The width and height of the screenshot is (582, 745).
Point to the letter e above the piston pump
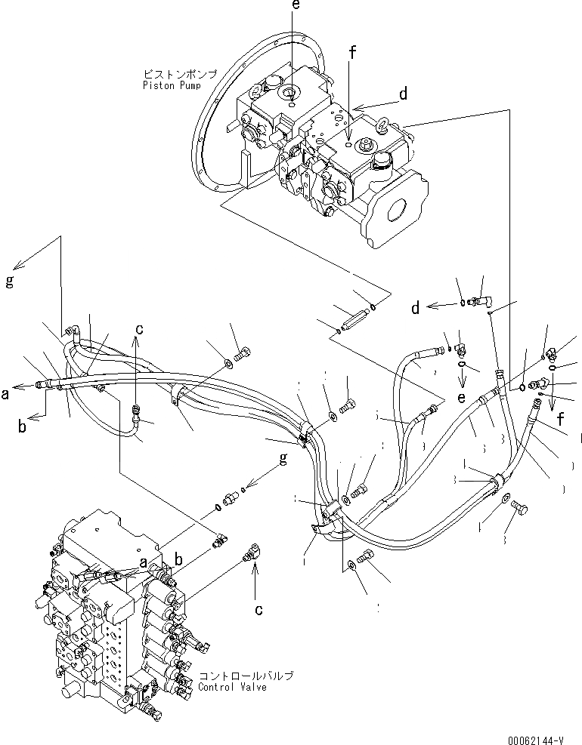(x=296, y=6)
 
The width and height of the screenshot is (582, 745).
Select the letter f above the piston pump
(x=351, y=53)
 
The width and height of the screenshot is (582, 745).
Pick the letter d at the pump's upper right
(x=404, y=94)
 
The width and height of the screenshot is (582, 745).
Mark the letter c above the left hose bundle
(x=138, y=328)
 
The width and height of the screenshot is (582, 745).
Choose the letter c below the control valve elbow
(x=258, y=608)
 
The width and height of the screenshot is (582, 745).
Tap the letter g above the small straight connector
(x=283, y=459)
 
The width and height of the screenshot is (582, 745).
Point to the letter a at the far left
(x=6, y=392)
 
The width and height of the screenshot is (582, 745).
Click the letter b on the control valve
(x=179, y=558)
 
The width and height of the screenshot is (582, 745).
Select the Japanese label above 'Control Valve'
(x=245, y=676)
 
